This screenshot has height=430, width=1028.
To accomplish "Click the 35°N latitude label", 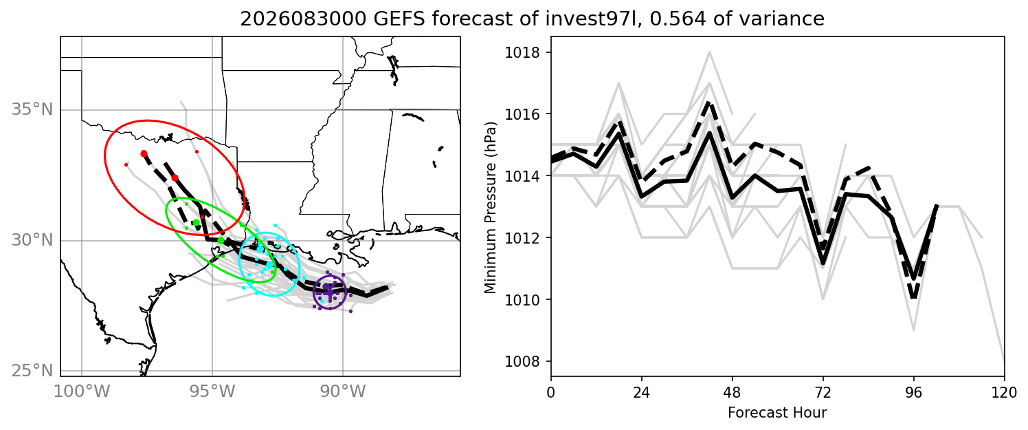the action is (x=32, y=110).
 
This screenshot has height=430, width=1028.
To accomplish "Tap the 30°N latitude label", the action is (x=32, y=240).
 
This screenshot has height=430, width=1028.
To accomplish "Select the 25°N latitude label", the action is (x=32, y=371).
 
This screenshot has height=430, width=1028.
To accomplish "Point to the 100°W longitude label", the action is (x=82, y=392).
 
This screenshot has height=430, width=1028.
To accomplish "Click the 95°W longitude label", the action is (x=212, y=392).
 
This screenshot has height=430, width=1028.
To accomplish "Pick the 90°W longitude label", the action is (x=343, y=392).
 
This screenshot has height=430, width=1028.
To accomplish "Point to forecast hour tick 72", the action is (x=823, y=393).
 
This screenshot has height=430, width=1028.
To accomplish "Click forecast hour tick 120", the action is (x=1005, y=393).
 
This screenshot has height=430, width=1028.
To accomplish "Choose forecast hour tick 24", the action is (x=642, y=393).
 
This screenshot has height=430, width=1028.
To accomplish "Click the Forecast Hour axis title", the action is (x=777, y=413).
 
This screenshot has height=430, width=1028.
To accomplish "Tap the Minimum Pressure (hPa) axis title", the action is (x=491, y=208).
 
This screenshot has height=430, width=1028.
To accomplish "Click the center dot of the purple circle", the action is (x=330, y=292).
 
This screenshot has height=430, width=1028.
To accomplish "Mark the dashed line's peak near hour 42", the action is (x=710, y=102).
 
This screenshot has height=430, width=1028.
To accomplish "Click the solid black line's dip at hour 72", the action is (x=823, y=264).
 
